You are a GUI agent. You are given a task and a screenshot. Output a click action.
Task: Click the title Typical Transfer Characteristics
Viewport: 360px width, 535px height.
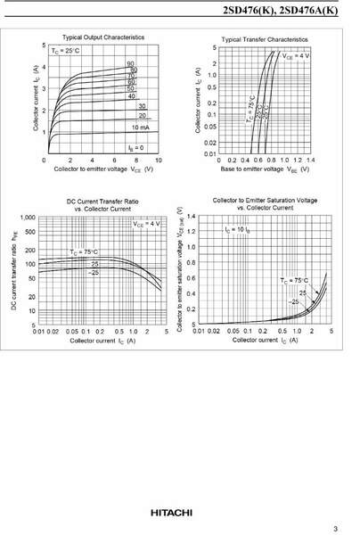click(x=264, y=39)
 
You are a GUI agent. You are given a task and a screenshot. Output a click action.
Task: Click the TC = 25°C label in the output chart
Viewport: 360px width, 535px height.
click(x=68, y=51)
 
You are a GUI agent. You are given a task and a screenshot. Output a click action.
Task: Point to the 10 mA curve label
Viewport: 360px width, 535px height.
click(x=139, y=128)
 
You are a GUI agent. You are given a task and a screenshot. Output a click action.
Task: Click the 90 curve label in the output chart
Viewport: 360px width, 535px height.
click(x=131, y=64)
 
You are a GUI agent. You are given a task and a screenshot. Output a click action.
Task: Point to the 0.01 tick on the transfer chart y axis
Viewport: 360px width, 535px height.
click(x=209, y=153)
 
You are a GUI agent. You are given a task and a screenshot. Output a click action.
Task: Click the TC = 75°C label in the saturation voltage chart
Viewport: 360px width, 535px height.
click(x=295, y=280)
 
